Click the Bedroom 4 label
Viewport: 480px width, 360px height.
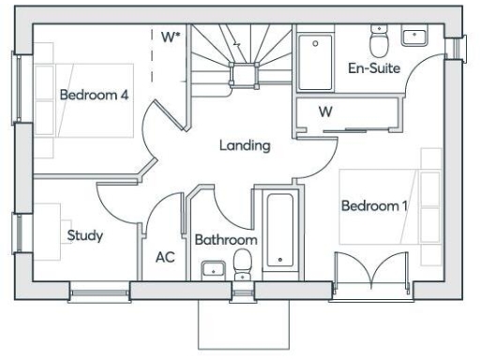[x=94, y=95]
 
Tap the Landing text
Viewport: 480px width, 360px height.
[x=245, y=145]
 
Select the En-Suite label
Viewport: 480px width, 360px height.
[x=374, y=68]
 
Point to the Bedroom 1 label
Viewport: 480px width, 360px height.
[x=374, y=205]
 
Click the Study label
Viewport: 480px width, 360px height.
[x=84, y=235]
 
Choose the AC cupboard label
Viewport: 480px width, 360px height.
[x=165, y=257]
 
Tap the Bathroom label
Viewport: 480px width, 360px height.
[x=225, y=240]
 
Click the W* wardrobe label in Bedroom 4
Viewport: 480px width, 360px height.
[x=170, y=37]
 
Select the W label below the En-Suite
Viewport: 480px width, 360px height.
[x=326, y=112]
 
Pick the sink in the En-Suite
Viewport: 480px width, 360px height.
[x=414, y=37]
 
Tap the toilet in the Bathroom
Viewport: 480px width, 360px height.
[x=244, y=262]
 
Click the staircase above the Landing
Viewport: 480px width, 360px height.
[x=241, y=54]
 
